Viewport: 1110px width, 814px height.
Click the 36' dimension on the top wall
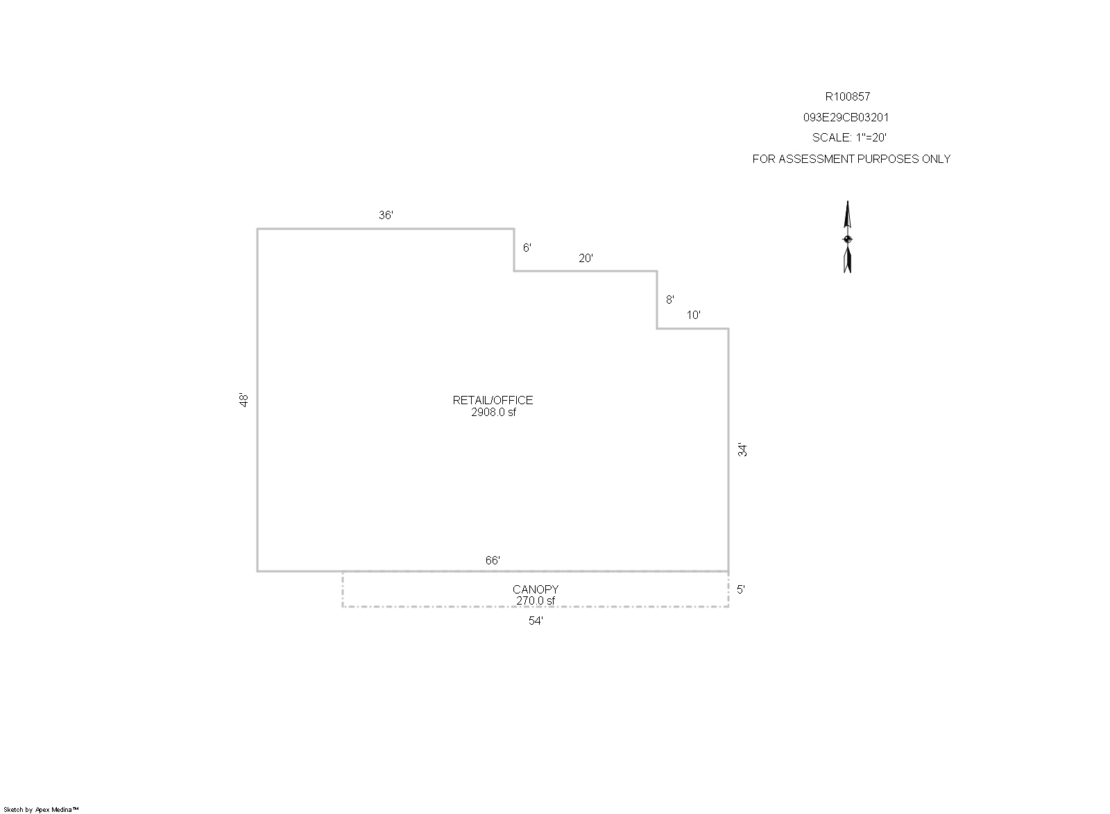[x=386, y=215]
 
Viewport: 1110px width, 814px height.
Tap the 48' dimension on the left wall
[x=244, y=400]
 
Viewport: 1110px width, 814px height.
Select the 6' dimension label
[x=527, y=248]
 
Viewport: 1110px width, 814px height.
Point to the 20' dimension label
[x=586, y=258]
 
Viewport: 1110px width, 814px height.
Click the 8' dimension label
[x=670, y=300]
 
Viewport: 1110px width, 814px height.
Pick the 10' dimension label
[x=693, y=315]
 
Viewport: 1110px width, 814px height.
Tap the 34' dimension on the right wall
[x=742, y=449]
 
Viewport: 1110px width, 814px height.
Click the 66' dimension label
[x=493, y=560]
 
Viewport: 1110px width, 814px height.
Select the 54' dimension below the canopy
[x=536, y=621]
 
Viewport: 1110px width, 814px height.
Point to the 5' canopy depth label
[x=741, y=589]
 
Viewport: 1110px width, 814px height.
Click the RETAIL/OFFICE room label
[x=493, y=400]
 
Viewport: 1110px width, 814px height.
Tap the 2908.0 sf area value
[x=493, y=412]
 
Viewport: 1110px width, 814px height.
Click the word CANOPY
[x=536, y=589]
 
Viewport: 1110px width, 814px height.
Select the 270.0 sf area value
[x=536, y=600]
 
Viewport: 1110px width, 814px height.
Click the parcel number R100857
[x=847, y=96]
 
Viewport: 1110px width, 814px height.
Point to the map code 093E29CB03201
[x=846, y=117]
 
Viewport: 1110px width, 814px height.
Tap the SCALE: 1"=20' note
[x=849, y=137]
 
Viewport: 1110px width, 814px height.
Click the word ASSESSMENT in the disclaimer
[x=816, y=159]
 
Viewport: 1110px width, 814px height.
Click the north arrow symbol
[x=847, y=236]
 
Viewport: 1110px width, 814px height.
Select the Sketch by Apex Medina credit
[x=41, y=810]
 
